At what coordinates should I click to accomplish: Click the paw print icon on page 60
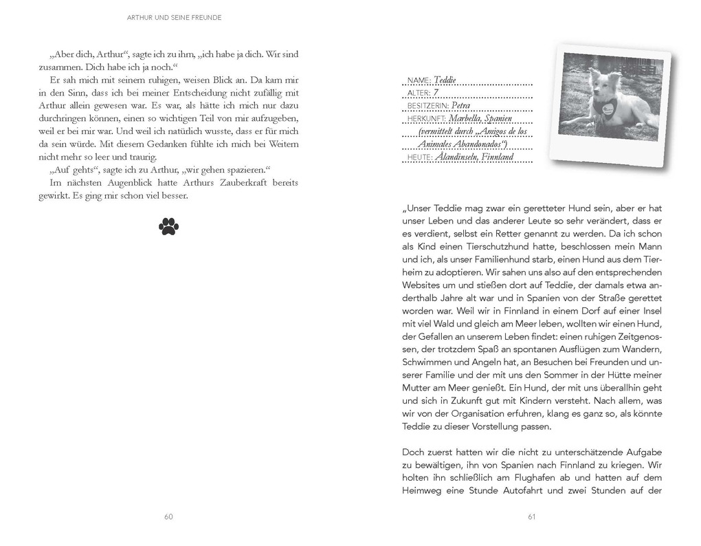point(168,226)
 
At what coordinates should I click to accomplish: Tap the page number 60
point(168,517)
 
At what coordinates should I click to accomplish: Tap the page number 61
point(531,517)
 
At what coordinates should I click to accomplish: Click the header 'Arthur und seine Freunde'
point(175,17)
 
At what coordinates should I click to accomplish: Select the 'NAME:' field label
point(419,80)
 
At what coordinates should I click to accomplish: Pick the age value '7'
point(436,93)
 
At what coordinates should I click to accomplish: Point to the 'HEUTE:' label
point(420,157)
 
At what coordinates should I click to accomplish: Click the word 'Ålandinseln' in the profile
point(458,157)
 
